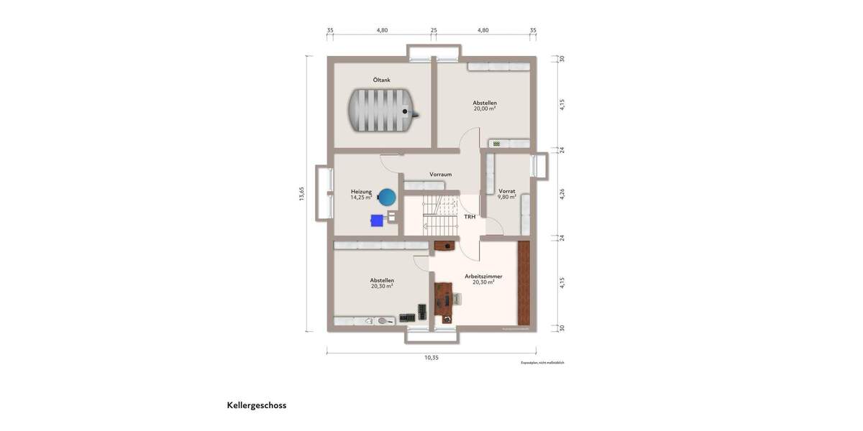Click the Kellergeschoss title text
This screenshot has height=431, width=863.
(257, 405)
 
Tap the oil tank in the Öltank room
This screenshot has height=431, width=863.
(381, 110)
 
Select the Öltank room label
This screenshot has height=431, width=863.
(381, 80)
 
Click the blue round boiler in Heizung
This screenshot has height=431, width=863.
(388, 196)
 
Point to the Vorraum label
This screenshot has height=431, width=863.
(440, 175)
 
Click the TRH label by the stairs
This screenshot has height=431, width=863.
(469, 216)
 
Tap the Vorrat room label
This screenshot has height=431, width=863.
(507, 191)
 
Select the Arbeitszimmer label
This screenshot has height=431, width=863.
(483, 276)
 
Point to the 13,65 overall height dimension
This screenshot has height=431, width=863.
(303, 194)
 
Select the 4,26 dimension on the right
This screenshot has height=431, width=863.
(562, 194)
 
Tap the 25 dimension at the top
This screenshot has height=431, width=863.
(434, 30)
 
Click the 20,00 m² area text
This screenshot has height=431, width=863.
(485, 108)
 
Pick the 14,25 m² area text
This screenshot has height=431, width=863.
(360, 198)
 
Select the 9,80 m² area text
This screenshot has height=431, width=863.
(507, 197)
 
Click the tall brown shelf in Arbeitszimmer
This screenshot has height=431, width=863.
(524, 282)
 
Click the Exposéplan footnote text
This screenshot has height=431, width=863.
(542, 363)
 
